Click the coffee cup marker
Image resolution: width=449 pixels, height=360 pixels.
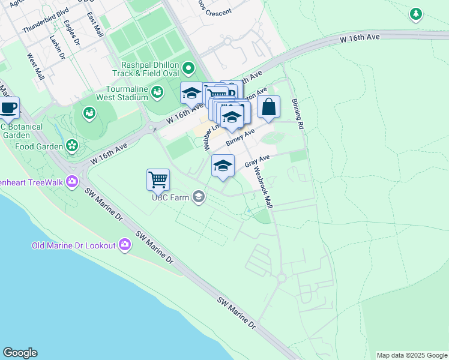9,108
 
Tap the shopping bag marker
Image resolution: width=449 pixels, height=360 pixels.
269,107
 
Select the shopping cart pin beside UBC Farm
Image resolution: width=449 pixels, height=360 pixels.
158,179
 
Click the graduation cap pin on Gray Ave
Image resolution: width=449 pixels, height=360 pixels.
222,166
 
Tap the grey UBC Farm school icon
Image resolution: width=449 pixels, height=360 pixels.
199,197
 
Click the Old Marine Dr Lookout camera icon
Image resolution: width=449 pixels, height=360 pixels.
125,244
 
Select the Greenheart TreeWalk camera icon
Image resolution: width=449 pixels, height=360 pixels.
73,180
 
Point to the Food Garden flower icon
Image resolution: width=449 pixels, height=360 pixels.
72,145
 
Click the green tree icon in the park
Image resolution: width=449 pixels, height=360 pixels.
415,13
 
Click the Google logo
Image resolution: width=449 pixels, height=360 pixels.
20,353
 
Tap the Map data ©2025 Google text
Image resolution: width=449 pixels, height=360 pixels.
412,355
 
